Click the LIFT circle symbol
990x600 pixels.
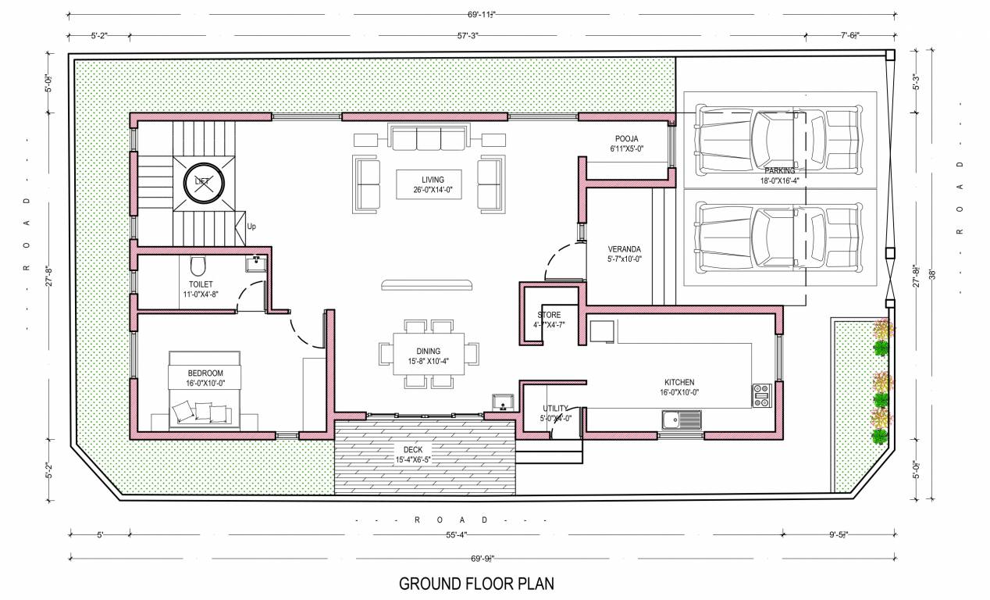point(202,182)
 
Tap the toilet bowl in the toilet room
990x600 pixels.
point(198,262)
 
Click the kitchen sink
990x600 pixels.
point(681,420)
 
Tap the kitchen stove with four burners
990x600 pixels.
point(761,395)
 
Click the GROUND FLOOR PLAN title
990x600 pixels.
point(477,584)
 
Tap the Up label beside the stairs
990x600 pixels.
point(251,227)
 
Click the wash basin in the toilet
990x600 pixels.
point(255,264)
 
